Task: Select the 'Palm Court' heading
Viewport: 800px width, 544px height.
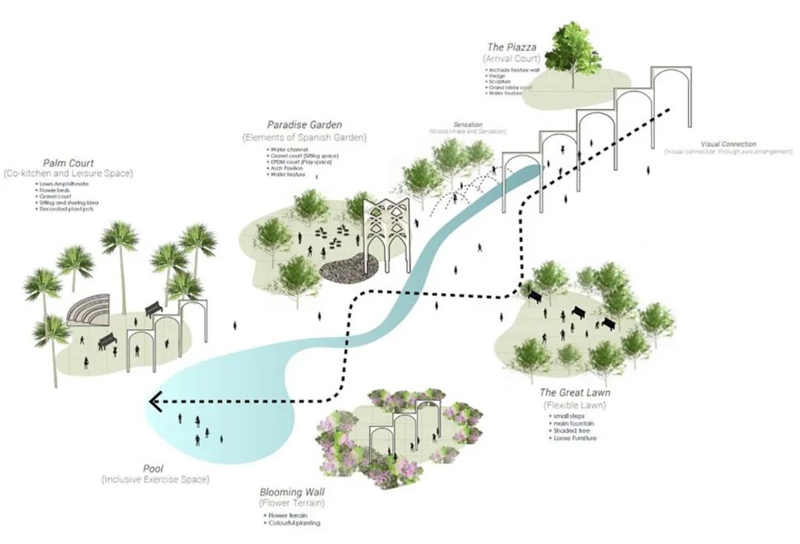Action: (68, 163)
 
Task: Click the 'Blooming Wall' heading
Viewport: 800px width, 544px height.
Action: (293, 492)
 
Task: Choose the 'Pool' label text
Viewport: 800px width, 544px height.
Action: (154, 469)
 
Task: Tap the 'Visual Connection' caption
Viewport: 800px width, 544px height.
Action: (728, 144)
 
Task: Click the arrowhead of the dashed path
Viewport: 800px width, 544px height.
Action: (156, 402)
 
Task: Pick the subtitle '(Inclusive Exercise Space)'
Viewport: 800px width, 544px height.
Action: (156, 480)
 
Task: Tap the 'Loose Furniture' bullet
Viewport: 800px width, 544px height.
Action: (574, 437)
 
